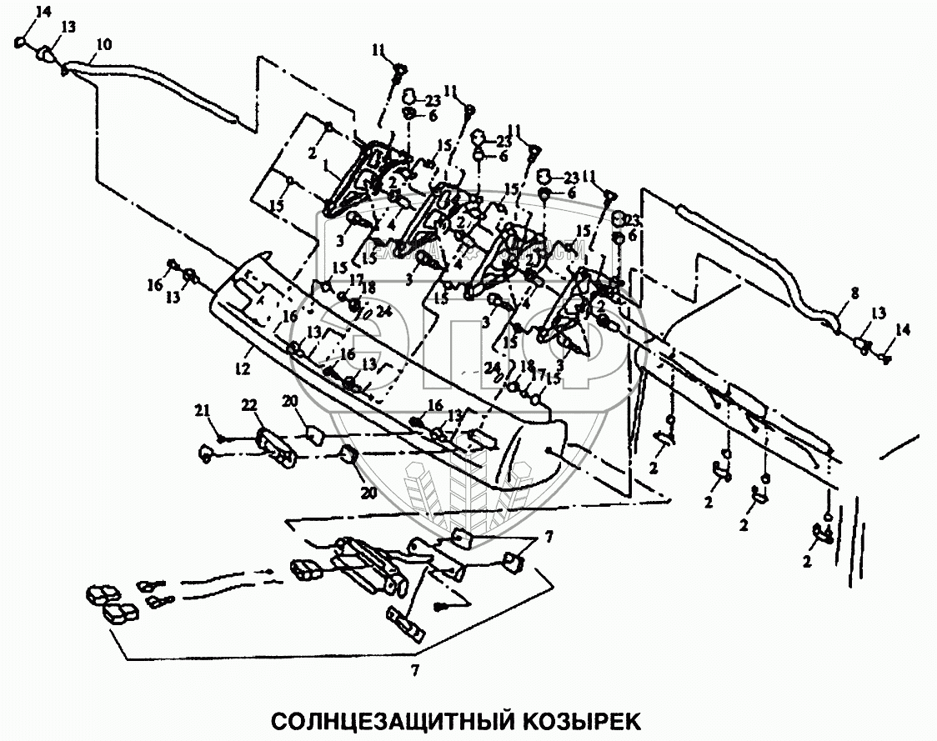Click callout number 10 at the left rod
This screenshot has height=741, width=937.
tap(104, 43)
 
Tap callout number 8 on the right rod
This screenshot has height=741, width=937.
tap(854, 293)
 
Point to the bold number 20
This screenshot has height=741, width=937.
tap(369, 493)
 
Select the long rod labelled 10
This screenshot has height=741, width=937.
tap(158, 83)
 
